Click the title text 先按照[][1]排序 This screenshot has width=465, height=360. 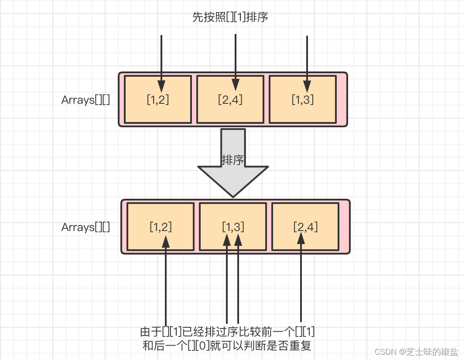pyautogui.click(x=230, y=17)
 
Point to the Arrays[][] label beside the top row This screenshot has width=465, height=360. pyautogui.click(x=85, y=100)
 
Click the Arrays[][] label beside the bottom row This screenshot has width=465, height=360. pyautogui.click(x=85, y=227)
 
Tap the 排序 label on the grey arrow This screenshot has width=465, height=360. pyautogui.click(x=232, y=160)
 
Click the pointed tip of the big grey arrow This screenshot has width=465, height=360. pyautogui.click(x=233, y=196)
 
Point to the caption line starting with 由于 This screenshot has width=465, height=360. pyautogui.click(x=227, y=332)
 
